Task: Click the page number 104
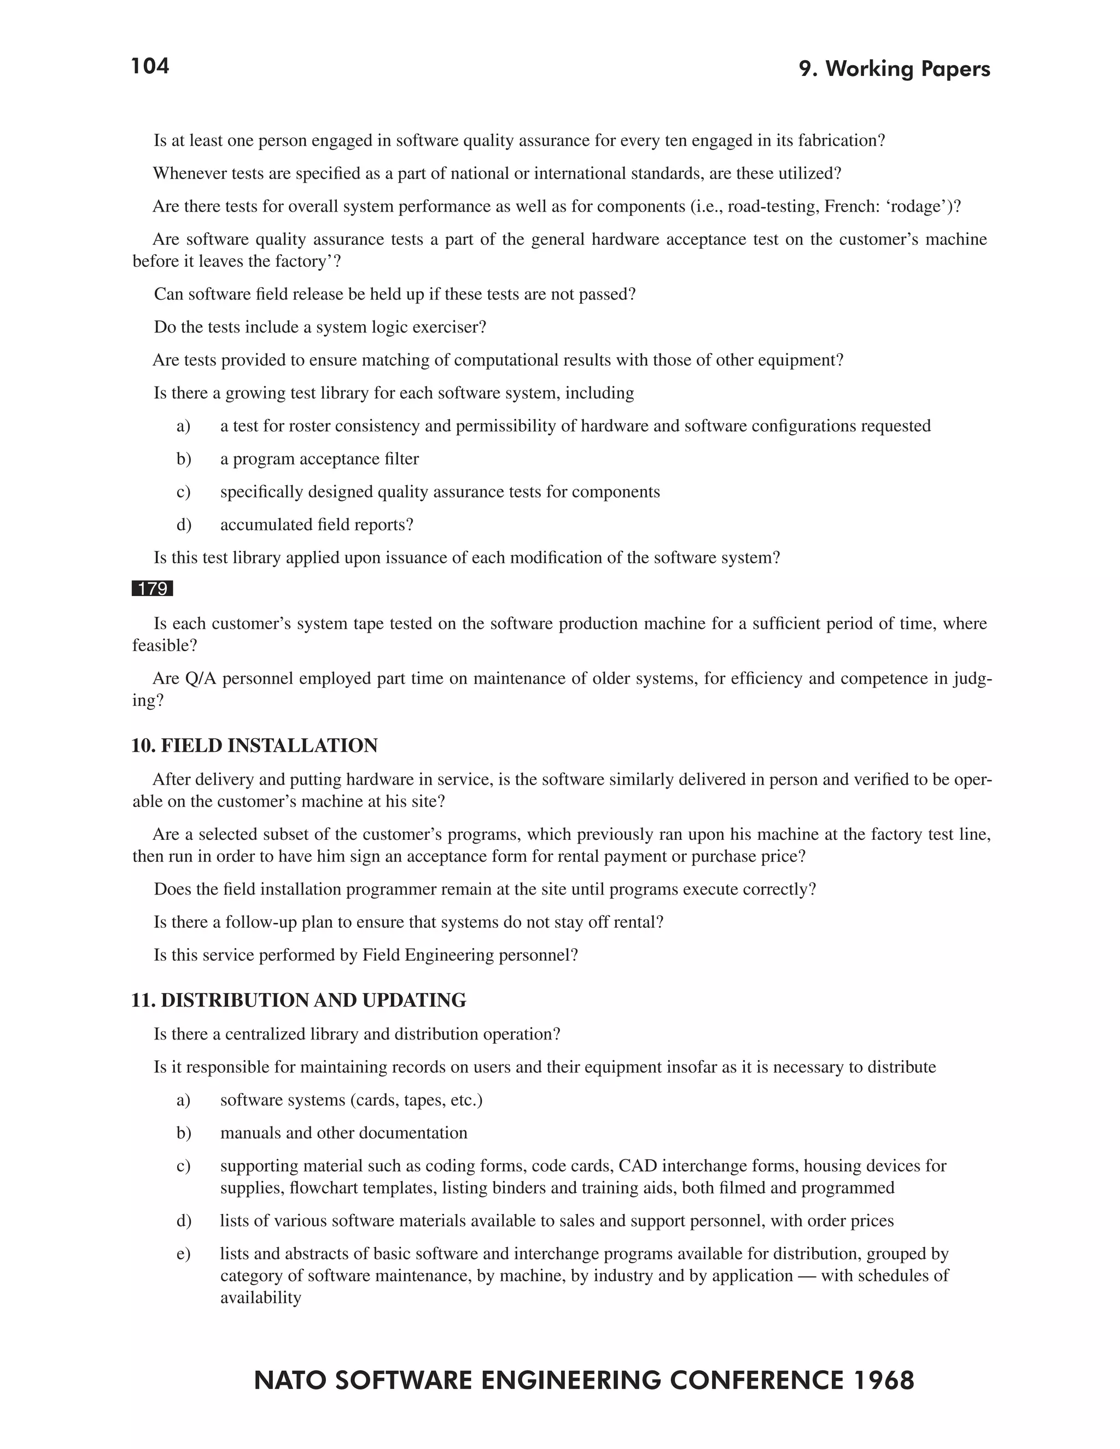click(x=150, y=66)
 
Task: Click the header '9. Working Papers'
click(x=894, y=69)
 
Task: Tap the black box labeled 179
click(x=153, y=588)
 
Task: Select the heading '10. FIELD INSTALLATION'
click(x=254, y=746)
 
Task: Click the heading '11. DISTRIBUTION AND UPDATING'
click(x=299, y=1000)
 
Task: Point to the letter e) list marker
click(x=183, y=1254)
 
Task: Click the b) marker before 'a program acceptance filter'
click(x=183, y=459)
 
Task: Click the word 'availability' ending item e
click(x=260, y=1298)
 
